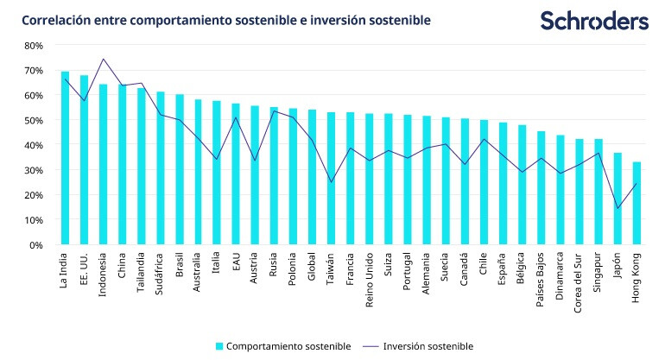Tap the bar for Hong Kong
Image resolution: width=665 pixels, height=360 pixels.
(636, 204)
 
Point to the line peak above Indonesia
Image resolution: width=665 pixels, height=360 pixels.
(103, 59)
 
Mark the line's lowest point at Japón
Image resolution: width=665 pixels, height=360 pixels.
(617, 208)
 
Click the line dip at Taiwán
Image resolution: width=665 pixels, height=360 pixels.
(332, 182)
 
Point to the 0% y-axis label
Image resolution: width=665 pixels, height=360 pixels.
(35, 245)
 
